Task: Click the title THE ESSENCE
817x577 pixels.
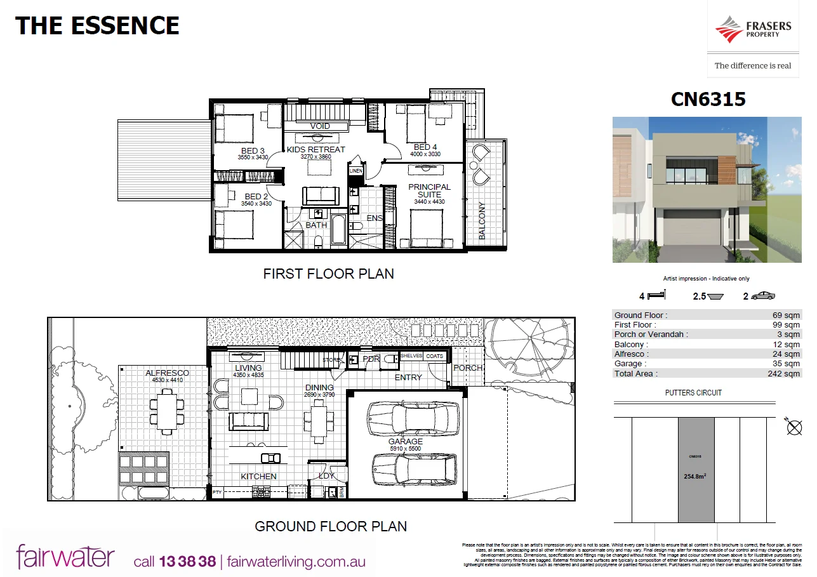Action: click(x=97, y=26)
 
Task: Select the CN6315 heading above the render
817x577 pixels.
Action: click(x=708, y=100)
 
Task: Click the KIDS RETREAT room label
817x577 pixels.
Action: click(x=316, y=150)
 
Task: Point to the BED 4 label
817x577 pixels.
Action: click(x=425, y=147)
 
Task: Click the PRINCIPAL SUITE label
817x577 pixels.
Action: click(x=429, y=190)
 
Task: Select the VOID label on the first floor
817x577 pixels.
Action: click(x=320, y=126)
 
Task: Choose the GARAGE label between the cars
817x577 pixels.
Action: click(x=405, y=441)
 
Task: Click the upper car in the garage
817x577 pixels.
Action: click(x=413, y=418)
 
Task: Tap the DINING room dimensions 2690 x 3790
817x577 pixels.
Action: click(x=319, y=395)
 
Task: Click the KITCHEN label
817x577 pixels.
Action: click(x=258, y=476)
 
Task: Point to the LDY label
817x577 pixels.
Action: click(x=326, y=475)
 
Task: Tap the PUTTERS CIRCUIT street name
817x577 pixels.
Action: click(x=694, y=393)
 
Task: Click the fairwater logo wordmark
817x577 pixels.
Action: click(x=65, y=557)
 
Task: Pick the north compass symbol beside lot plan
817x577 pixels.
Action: click(x=794, y=427)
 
